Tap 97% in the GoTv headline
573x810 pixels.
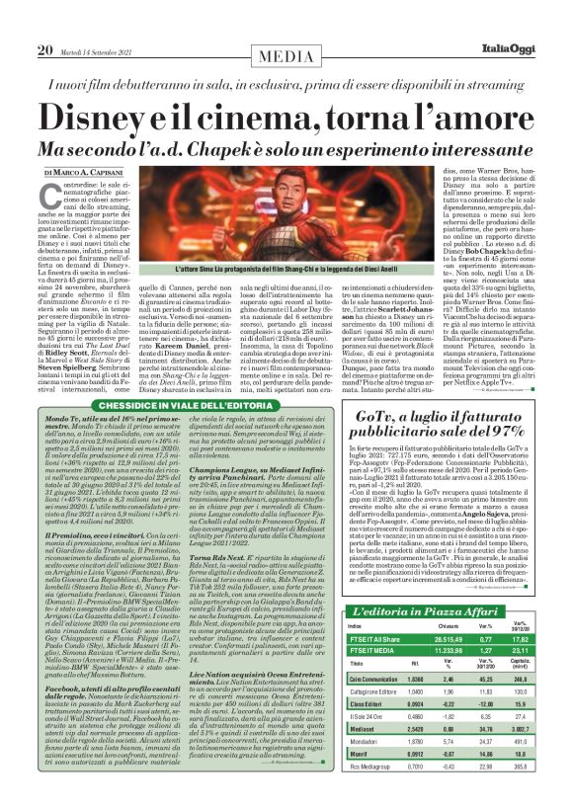pos(499,455)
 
